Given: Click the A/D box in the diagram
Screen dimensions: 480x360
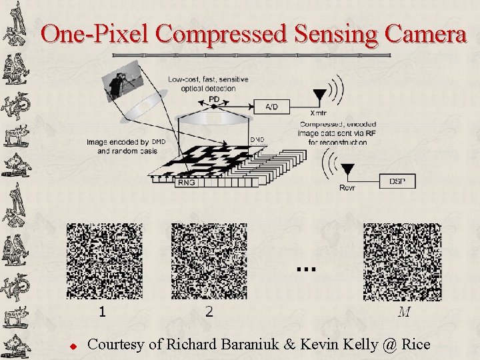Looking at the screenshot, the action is [x=271, y=107].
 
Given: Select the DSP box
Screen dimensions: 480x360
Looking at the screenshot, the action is [x=401, y=181].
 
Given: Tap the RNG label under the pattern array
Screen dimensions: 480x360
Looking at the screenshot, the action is [x=187, y=181].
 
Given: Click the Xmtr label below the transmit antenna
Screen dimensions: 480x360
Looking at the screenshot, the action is [x=319, y=114].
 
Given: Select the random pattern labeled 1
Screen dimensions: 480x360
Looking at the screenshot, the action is [x=105, y=262].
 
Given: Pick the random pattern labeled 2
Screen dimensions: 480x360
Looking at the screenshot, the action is [x=209, y=262].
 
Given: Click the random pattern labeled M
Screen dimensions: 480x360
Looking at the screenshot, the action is [x=402, y=262].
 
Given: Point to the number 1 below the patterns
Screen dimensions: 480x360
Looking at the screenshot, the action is [x=101, y=311].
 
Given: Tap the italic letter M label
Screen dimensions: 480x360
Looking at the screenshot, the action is [x=403, y=311].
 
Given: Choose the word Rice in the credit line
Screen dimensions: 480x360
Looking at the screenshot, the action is [x=416, y=345].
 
